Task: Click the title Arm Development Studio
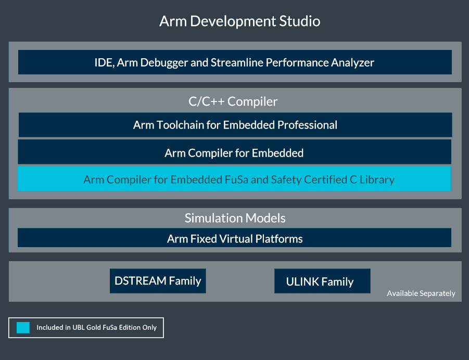[239, 21]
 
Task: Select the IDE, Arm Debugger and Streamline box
[235, 62]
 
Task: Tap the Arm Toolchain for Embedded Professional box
[235, 125]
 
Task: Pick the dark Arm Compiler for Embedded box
[234, 153]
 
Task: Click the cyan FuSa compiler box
[234, 179]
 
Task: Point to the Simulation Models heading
[235, 217]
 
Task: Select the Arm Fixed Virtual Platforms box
[234, 239]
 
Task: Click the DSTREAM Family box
[158, 281]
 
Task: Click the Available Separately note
[421, 293]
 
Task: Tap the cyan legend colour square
[23, 328]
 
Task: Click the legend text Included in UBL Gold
[96, 328]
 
